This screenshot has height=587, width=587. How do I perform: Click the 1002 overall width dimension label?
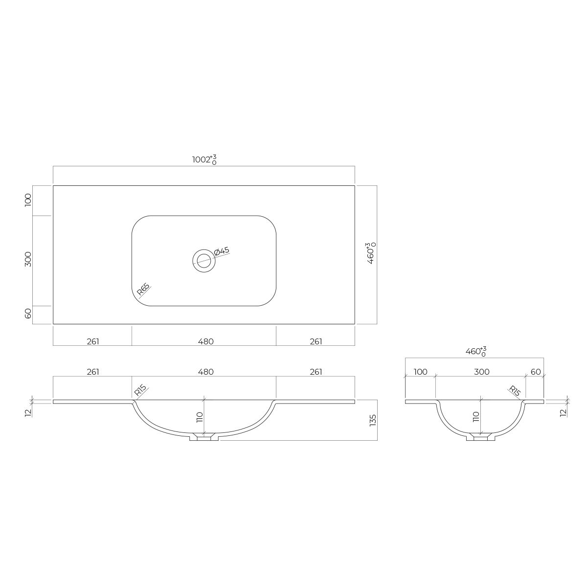204,159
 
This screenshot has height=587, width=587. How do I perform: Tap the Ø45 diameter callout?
222,251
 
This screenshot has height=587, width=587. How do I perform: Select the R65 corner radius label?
143,290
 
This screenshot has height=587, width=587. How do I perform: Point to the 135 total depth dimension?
373,420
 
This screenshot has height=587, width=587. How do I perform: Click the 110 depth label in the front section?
200,417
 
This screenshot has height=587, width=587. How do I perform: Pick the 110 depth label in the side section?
476,417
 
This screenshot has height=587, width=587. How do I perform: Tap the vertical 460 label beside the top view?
371,253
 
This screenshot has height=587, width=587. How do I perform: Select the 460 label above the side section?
476,351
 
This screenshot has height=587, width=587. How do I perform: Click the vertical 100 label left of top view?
28,200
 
